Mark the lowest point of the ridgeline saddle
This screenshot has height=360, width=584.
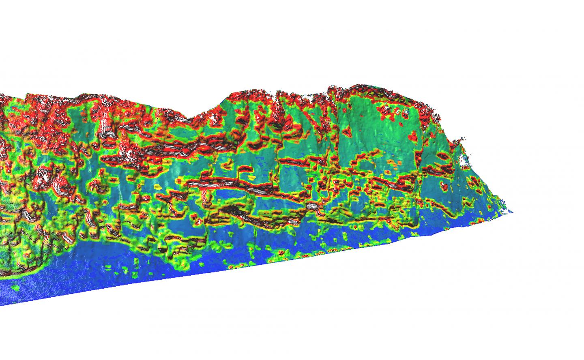[195, 118]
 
